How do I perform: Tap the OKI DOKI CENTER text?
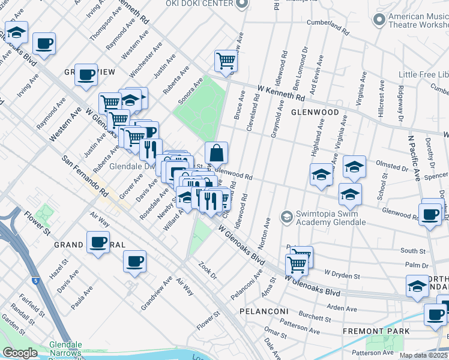[x=200, y=4]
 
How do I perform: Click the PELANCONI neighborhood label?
[x=265, y=312]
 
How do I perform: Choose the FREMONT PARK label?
[x=376, y=331]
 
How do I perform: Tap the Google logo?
[x=20, y=353]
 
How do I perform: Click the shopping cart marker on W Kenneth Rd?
[x=226, y=60]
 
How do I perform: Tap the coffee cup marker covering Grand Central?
[x=97, y=242]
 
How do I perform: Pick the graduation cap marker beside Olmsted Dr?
[x=354, y=167]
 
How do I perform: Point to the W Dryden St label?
[x=342, y=275]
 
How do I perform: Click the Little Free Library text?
[x=424, y=74]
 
